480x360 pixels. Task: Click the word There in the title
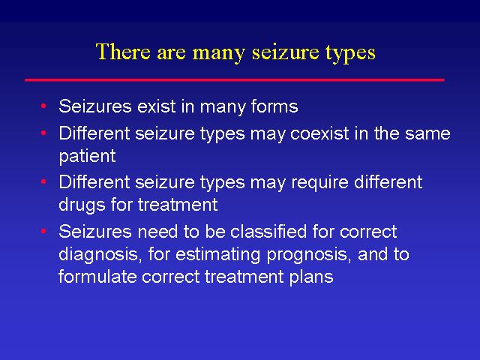click(x=123, y=51)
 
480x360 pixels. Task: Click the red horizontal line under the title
click(x=235, y=80)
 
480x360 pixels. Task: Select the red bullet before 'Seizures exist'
click(x=43, y=106)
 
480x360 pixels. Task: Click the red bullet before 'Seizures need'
click(x=43, y=231)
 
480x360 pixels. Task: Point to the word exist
click(x=157, y=106)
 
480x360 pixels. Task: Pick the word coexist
click(x=319, y=133)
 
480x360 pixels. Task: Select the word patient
click(x=87, y=156)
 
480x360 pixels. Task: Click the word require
click(x=319, y=183)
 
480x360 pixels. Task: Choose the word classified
click(x=268, y=231)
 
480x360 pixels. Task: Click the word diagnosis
click(x=98, y=254)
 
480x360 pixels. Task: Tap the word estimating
click(x=217, y=254)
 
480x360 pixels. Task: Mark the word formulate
click(x=97, y=277)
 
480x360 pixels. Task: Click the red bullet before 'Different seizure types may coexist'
click(x=43, y=133)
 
